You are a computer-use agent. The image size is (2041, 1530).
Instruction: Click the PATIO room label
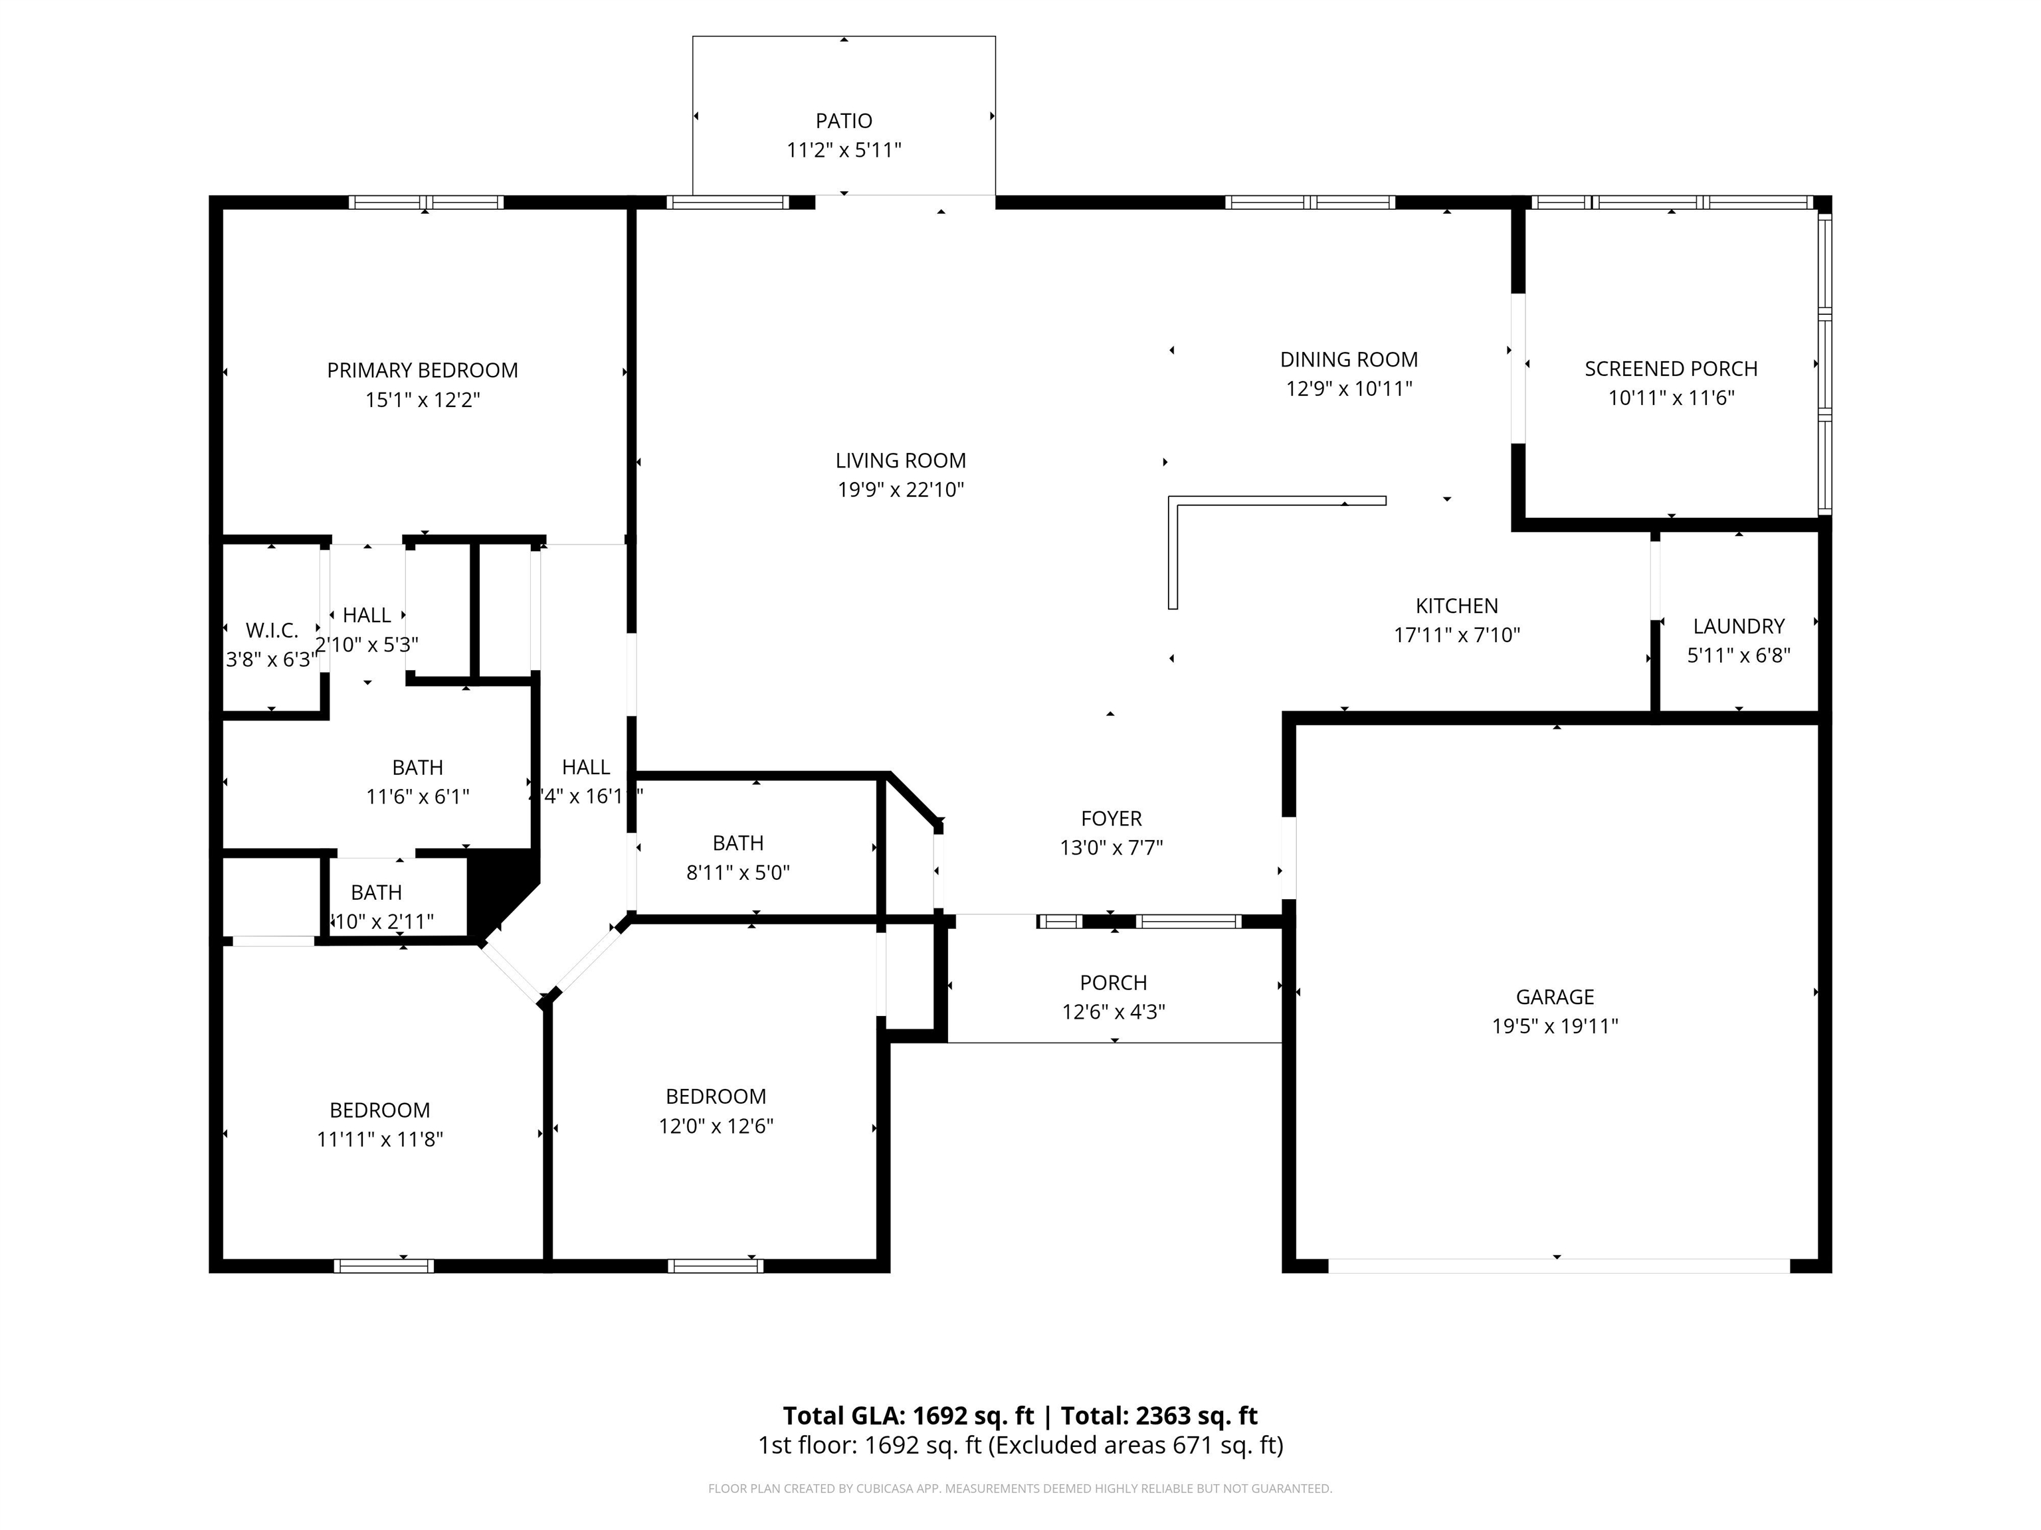coord(843,121)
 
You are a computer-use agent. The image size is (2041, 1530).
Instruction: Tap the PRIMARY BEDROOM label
coord(423,371)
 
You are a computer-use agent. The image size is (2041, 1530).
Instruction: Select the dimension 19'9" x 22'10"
coord(900,489)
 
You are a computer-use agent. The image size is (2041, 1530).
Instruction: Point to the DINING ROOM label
coord(1349,360)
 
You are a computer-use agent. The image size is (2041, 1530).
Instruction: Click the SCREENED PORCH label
coord(1671,369)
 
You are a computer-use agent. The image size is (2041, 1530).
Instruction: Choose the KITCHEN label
coord(1457,606)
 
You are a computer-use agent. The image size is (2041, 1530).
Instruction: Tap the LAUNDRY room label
coord(1738,626)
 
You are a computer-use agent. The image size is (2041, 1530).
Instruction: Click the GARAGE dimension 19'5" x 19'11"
coord(1555,1025)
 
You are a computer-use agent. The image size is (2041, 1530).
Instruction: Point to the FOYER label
coord(1111,818)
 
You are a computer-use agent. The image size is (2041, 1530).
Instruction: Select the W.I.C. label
coord(272,631)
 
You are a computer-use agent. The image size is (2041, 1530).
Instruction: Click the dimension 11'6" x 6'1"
coord(418,796)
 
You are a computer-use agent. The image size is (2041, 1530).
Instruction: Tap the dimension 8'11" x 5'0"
coord(738,873)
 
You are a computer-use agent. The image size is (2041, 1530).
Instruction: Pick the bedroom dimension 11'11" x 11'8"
coord(380,1139)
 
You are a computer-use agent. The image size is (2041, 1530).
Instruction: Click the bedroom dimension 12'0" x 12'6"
coord(716,1125)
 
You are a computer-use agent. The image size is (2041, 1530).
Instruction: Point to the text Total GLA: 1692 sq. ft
coord(908,1416)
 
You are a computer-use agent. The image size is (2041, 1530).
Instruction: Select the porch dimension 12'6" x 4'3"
coord(1114,1012)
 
